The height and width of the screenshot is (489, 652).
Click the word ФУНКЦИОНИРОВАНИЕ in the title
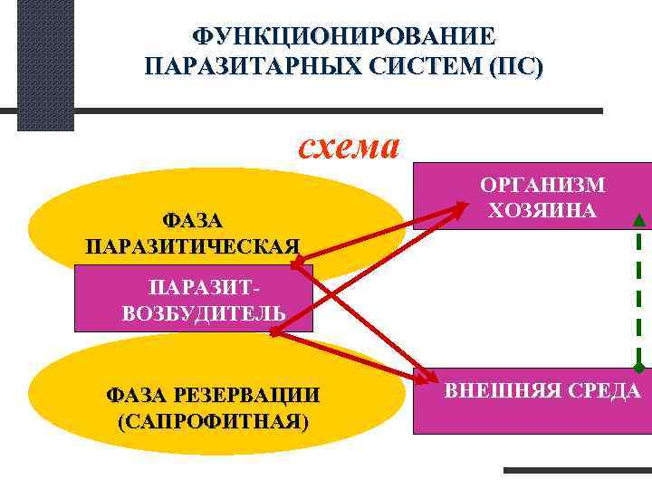343,37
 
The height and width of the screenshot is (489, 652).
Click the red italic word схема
350,146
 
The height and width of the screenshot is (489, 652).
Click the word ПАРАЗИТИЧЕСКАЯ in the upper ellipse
193,246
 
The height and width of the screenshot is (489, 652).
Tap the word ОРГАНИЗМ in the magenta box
542,186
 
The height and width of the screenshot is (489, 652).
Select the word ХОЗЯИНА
542,211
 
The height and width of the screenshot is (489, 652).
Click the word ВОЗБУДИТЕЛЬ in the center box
204,313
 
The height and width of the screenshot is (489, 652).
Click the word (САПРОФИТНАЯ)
212,422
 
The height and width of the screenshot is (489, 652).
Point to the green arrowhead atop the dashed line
639,218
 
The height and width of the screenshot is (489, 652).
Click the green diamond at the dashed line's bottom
639,367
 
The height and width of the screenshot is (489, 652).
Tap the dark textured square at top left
45,65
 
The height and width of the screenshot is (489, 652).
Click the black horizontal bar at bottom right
576,470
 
